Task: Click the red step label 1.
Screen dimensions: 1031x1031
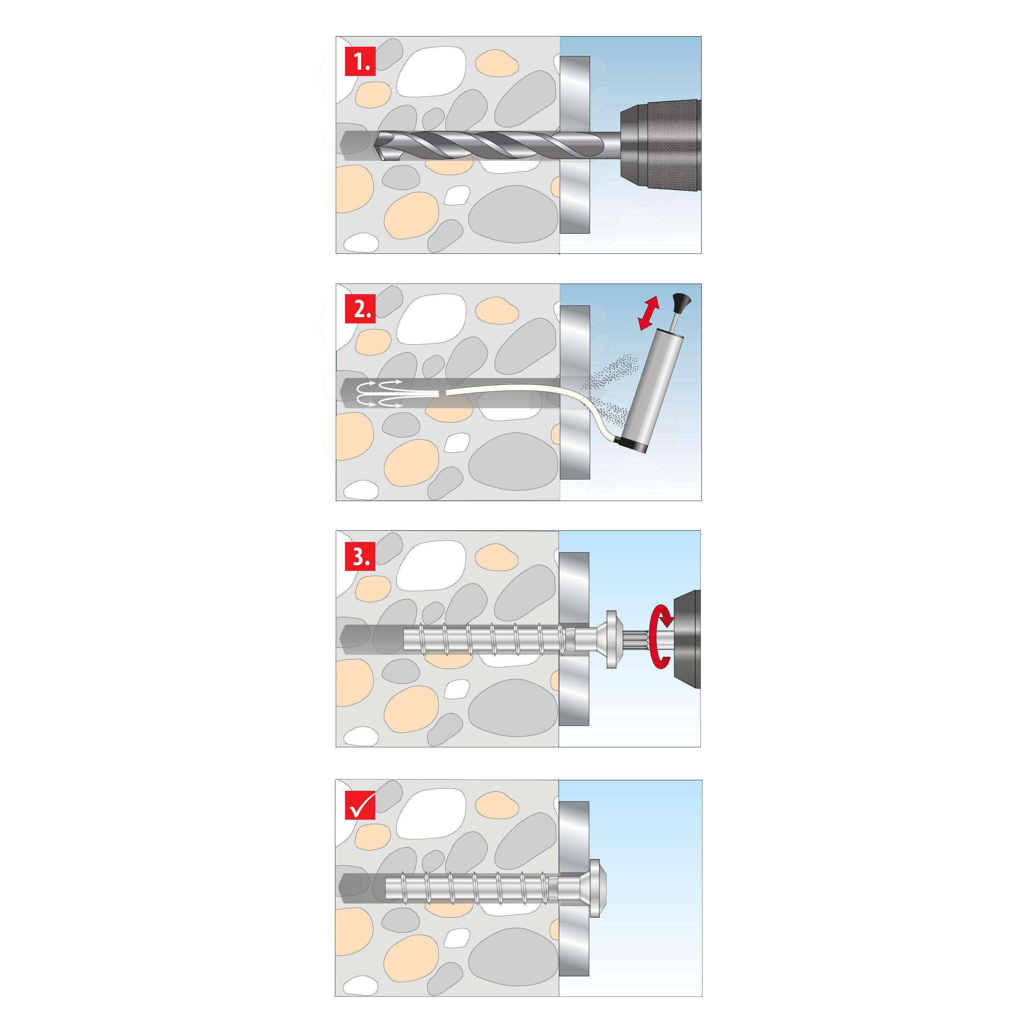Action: pyautogui.click(x=360, y=62)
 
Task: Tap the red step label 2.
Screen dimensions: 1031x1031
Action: pyautogui.click(x=360, y=309)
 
